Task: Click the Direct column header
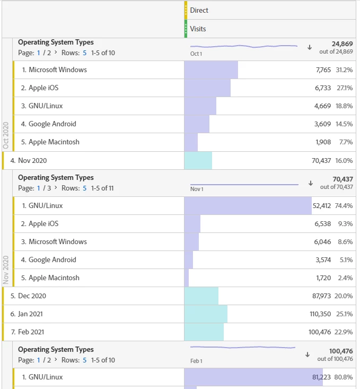click(x=199, y=10)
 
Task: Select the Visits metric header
click(x=198, y=29)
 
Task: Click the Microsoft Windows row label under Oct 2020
click(x=58, y=70)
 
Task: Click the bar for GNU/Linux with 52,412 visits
click(x=248, y=205)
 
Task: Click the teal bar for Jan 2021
click(x=206, y=314)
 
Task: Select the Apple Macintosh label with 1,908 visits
click(x=54, y=142)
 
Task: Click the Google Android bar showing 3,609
click(x=197, y=124)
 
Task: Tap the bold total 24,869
click(x=342, y=43)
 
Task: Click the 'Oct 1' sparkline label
click(x=196, y=54)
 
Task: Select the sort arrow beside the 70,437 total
click(x=310, y=183)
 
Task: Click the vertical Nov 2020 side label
click(x=6, y=269)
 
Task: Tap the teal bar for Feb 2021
click(x=204, y=332)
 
